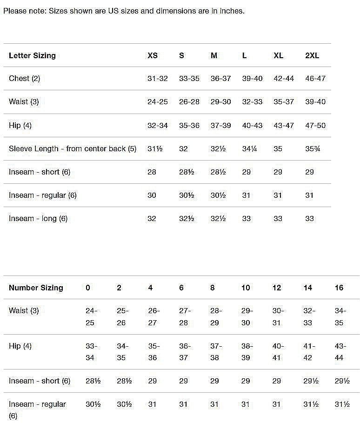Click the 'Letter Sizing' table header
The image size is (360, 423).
[x=32, y=55]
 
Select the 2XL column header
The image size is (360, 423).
[x=312, y=55]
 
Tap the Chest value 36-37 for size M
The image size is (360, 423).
[x=220, y=79]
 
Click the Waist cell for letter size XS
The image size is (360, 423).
[x=158, y=102]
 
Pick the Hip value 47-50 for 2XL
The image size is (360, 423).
[x=315, y=126]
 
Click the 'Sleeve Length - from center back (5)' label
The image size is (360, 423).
[x=73, y=149]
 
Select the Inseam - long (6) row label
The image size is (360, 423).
[x=38, y=219]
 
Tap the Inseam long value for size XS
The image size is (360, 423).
[x=152, y=219]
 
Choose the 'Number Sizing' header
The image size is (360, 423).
[x=36, y=288]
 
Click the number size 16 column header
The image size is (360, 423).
[x=339, y=288]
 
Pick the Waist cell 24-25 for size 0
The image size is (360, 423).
[x=92, y=316]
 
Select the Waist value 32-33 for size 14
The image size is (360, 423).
[x=308, y=316]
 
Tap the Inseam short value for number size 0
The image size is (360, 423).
[x=93, y=381]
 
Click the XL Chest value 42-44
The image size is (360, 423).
[x=284, y=79]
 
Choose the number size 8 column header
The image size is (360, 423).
[x=213, y=288]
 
